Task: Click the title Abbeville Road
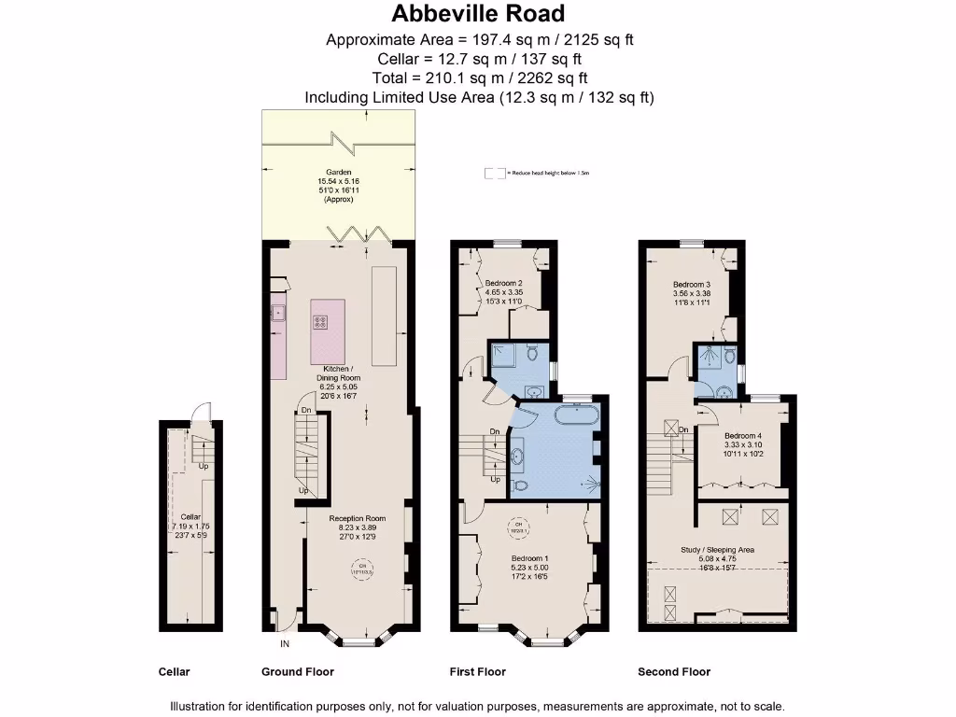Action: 478,14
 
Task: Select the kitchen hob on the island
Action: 321,322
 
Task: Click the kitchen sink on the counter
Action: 277,313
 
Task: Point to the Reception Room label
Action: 357,518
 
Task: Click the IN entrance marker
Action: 284,644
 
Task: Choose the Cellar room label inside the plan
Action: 190,516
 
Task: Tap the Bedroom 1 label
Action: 529,558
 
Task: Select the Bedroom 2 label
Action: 504,283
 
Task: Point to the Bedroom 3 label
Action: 692,284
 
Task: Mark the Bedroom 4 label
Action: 743,436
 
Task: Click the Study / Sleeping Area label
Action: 717,551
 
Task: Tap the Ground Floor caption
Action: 298,672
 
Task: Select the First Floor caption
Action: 478,672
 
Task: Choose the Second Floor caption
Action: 673,672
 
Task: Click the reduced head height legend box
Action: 493,173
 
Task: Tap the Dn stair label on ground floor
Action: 305,411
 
